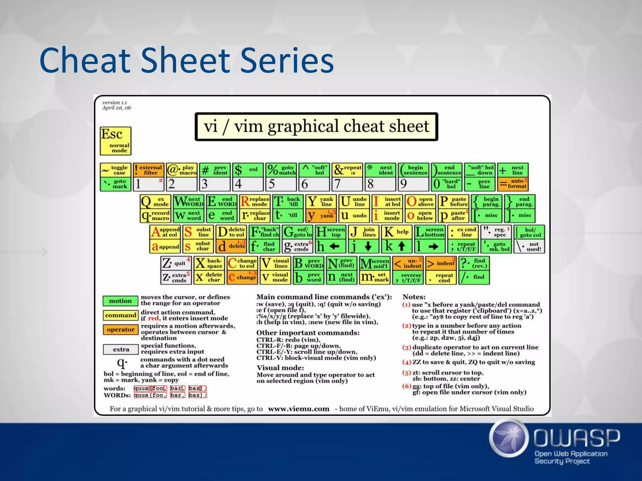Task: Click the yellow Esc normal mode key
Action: pos(115,141)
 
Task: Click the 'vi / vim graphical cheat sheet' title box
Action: pos(316,127)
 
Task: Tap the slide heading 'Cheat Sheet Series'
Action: pos(187,60)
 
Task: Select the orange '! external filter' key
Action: pos(148,170)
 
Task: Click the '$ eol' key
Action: pos(247,170)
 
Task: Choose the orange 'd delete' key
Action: pos(231,246)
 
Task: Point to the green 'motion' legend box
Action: pos(120,301)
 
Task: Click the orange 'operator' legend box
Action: pos(120,330)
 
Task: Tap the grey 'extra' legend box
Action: pos(121,349)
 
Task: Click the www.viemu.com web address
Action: pos(298,409)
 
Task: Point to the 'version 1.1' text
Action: pos(114,102)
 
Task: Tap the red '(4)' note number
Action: pos(407,362)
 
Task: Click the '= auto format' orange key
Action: pos(513,184)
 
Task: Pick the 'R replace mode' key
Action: pos(255,201)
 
